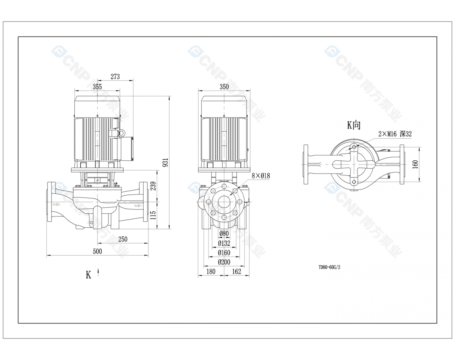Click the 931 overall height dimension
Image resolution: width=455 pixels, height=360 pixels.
[x=166, y=162]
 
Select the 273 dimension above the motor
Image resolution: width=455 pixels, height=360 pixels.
[x=115, y=76]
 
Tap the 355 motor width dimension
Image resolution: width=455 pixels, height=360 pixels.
[x=97, y=86]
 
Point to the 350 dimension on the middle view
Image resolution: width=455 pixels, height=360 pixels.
[x=224, y=86]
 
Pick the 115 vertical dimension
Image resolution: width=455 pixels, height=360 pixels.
[x=153, y=215]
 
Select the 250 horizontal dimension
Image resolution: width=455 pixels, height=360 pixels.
[x=122, y=239]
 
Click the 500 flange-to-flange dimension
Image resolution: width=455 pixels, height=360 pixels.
[x=97, y=251]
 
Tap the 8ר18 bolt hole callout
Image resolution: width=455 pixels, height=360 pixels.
[x=261, y=176]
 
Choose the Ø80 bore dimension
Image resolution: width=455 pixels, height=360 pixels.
[x=224, y=233]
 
